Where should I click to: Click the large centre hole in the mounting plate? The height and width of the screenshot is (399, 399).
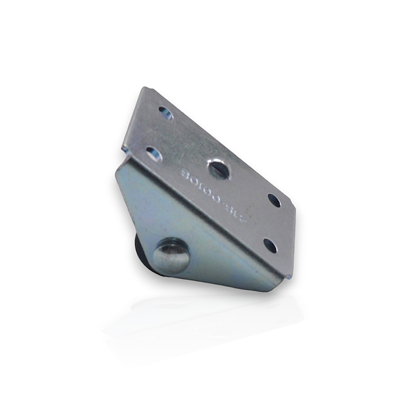click(x=219, y=170)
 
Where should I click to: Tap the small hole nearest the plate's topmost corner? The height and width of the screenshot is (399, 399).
click(x=166, y=113)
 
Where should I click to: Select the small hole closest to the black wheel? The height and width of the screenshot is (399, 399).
click(x=154, y=153)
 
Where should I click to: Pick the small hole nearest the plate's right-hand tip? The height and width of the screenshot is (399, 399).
click(x=274, y=200)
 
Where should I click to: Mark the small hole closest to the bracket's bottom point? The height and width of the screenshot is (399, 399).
click(x=270, y=245)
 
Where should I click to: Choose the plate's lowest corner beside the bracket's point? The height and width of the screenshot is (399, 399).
click(x=288, y=277)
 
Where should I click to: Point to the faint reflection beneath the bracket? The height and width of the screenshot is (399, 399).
click(x=209, y=319)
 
